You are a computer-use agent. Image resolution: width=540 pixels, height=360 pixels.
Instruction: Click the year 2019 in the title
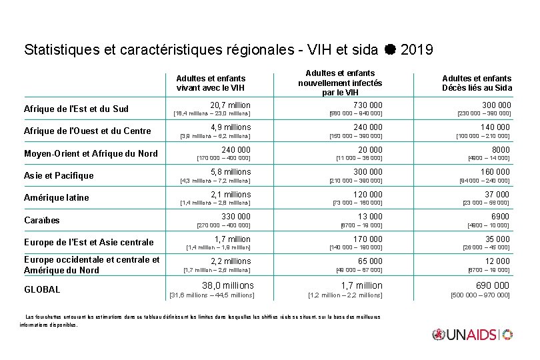click(418, 49)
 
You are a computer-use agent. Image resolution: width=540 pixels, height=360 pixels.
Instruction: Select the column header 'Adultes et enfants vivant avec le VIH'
click(211, 83)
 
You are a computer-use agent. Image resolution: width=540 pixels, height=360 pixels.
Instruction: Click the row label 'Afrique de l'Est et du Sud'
click(76, 109)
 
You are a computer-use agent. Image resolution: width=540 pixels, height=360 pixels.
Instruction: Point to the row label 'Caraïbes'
click(42, 220)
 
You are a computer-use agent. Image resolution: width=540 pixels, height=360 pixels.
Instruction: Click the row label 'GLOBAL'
click(42, 289)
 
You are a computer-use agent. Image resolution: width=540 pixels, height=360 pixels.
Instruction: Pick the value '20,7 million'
click(230, 105)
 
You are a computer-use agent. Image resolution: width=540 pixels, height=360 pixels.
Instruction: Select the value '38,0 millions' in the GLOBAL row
click(228, 285)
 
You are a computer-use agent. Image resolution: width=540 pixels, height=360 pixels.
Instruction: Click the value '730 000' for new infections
click(367, 105)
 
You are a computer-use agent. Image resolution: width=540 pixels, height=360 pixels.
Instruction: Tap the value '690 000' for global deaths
click(492, 285)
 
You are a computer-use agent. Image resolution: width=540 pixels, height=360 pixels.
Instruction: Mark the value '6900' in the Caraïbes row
click(499, 217)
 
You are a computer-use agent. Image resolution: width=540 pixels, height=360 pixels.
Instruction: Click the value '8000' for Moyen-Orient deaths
click(501, 150)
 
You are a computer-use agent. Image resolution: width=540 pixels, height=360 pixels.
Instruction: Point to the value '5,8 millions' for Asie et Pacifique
click(231, 172)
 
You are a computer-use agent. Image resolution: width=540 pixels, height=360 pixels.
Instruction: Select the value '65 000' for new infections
click(370, 261)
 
